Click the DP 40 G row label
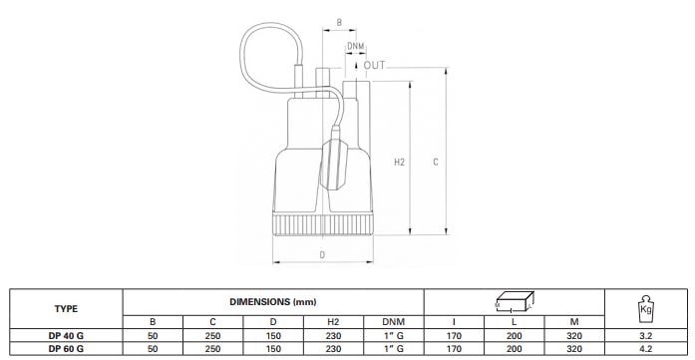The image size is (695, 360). tap(66, 336)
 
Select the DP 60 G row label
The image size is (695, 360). tap(66, 349)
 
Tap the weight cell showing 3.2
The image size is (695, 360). tap(645, 336)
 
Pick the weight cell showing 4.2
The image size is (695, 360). tap(645, 349)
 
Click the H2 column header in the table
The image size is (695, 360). tap(333, 322)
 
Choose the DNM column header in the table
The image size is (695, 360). tap(394, 322)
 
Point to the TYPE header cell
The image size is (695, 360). tap(66, 309)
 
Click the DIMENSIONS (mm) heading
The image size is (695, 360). tap(273, 302)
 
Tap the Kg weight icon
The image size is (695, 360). tap(645, 307)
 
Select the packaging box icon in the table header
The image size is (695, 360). tap(515, 302)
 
